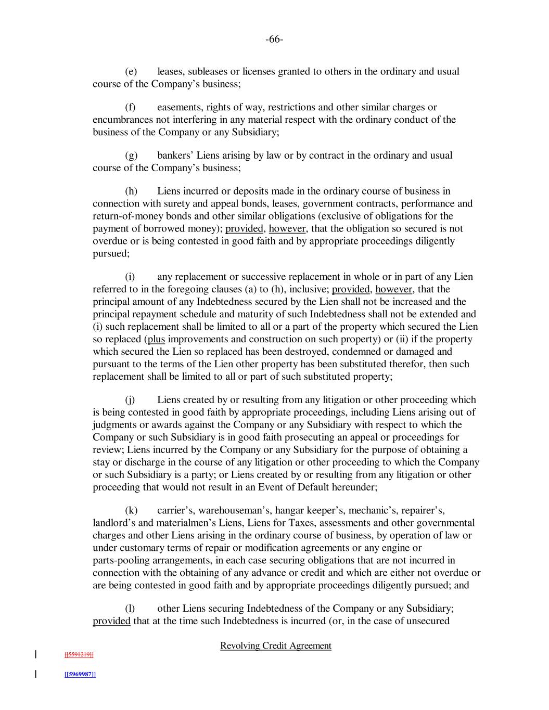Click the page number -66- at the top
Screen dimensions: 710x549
[x=274, y=40]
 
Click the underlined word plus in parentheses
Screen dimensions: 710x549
[x=156, y=340]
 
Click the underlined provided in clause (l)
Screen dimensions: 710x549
[x=111, y=621]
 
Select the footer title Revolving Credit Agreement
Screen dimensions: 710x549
[x=276, y=646]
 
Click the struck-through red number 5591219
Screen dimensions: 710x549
[x=79, y=655]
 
